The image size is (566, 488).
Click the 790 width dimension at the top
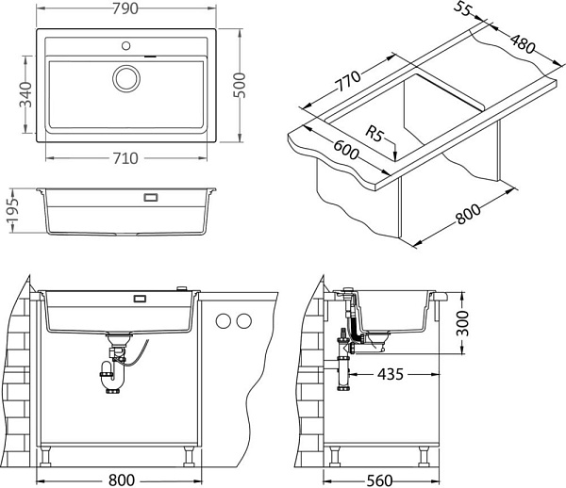[125, 8]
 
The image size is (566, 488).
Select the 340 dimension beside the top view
[25, 94]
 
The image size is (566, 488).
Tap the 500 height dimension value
[239, 85]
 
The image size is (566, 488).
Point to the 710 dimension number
[125, 158]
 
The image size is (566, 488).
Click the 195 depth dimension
[12, 210]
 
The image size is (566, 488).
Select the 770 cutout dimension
[348, 81]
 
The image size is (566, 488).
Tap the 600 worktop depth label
[346, 150]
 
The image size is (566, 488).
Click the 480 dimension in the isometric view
[523, 43]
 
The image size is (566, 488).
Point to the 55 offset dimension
[462, 8]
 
